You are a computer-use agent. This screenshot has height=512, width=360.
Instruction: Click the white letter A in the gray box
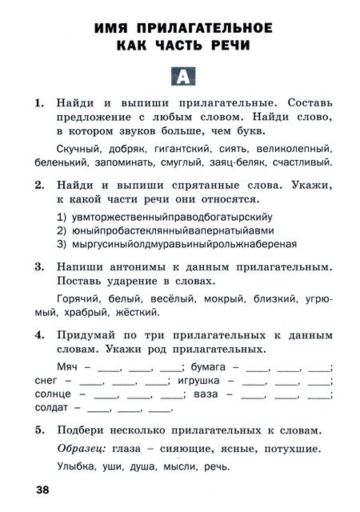pyautogui.click(x=182, y=78)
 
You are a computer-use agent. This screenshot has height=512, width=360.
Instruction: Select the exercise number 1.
pyautogui.click(x=39, y=103)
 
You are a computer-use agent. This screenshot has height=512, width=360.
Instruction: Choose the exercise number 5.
pyautogui.click(x=39, y=430)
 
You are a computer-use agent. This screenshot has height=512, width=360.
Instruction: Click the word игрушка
pyautogui.click(x=194, y=380)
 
